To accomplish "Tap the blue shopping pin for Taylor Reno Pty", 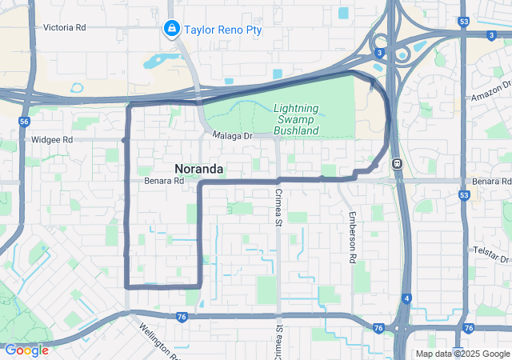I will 170,30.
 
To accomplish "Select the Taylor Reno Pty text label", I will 222,30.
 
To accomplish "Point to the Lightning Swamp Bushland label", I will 296,119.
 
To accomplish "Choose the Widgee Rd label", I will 51,139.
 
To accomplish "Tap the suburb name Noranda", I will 198,168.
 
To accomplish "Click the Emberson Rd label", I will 351,238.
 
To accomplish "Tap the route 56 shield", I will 24,121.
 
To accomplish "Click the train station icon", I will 396,163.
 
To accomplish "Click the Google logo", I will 26,350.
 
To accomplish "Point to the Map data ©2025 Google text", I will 462,354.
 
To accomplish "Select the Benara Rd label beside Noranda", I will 163,182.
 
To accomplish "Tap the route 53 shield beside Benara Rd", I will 464,194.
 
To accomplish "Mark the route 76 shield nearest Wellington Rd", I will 182,318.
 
